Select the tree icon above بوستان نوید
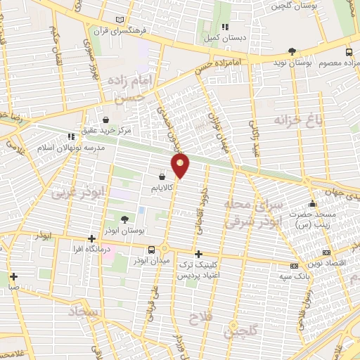[292, 51]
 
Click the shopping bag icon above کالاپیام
[162, 176]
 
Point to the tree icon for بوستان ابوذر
[125, 219]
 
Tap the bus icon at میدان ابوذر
[151, 250]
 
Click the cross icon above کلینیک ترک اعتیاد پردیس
[198, 254]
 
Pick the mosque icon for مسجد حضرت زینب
[311, 205]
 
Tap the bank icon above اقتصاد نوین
[326, 252]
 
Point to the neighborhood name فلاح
[201, 320]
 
